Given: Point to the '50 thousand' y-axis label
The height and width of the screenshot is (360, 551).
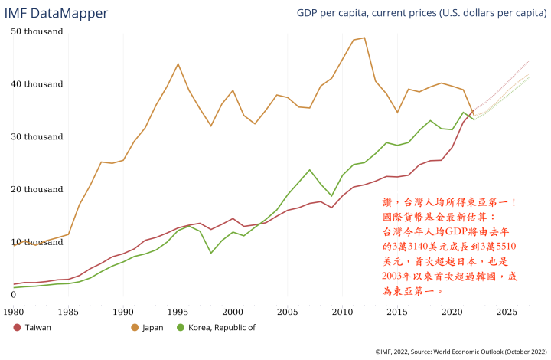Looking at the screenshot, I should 37,31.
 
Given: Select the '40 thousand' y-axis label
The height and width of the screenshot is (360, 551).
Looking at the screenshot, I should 37,84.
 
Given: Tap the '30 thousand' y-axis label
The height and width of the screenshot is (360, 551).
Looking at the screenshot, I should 37,137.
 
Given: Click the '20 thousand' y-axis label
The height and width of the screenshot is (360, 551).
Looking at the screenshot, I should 37,189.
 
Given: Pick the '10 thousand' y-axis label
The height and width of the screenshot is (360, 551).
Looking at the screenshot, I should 37,242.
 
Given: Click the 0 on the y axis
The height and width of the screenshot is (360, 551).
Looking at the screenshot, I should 14,294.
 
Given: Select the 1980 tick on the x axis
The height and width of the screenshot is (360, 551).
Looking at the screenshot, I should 14,312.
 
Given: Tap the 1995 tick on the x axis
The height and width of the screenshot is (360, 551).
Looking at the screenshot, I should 178,312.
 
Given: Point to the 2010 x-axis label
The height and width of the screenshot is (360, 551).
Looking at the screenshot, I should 342,312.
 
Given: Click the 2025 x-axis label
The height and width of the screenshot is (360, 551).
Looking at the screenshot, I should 506,312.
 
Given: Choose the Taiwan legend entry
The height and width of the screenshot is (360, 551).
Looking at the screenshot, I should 37,328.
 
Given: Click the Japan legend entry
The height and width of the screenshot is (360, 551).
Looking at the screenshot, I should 153,328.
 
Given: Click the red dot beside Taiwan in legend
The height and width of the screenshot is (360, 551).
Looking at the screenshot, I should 18,328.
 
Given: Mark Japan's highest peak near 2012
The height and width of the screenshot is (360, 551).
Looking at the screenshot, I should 364,38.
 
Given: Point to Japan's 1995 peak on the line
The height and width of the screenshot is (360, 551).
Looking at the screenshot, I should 178,64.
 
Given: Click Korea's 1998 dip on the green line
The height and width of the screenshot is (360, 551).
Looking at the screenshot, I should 210,253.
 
